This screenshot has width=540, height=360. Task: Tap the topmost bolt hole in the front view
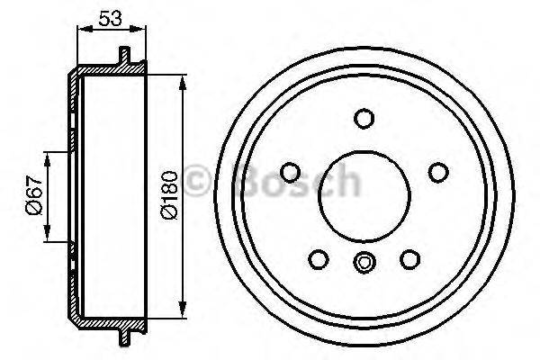click(364, 119)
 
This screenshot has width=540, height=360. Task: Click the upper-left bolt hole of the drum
click(291, 172)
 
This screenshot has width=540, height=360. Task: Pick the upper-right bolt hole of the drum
click(437, 172)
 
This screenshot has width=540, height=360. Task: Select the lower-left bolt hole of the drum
click(318, 259)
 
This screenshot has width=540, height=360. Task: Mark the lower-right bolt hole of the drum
click(410, 259)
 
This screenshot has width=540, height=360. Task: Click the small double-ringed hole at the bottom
click(364, 263)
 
